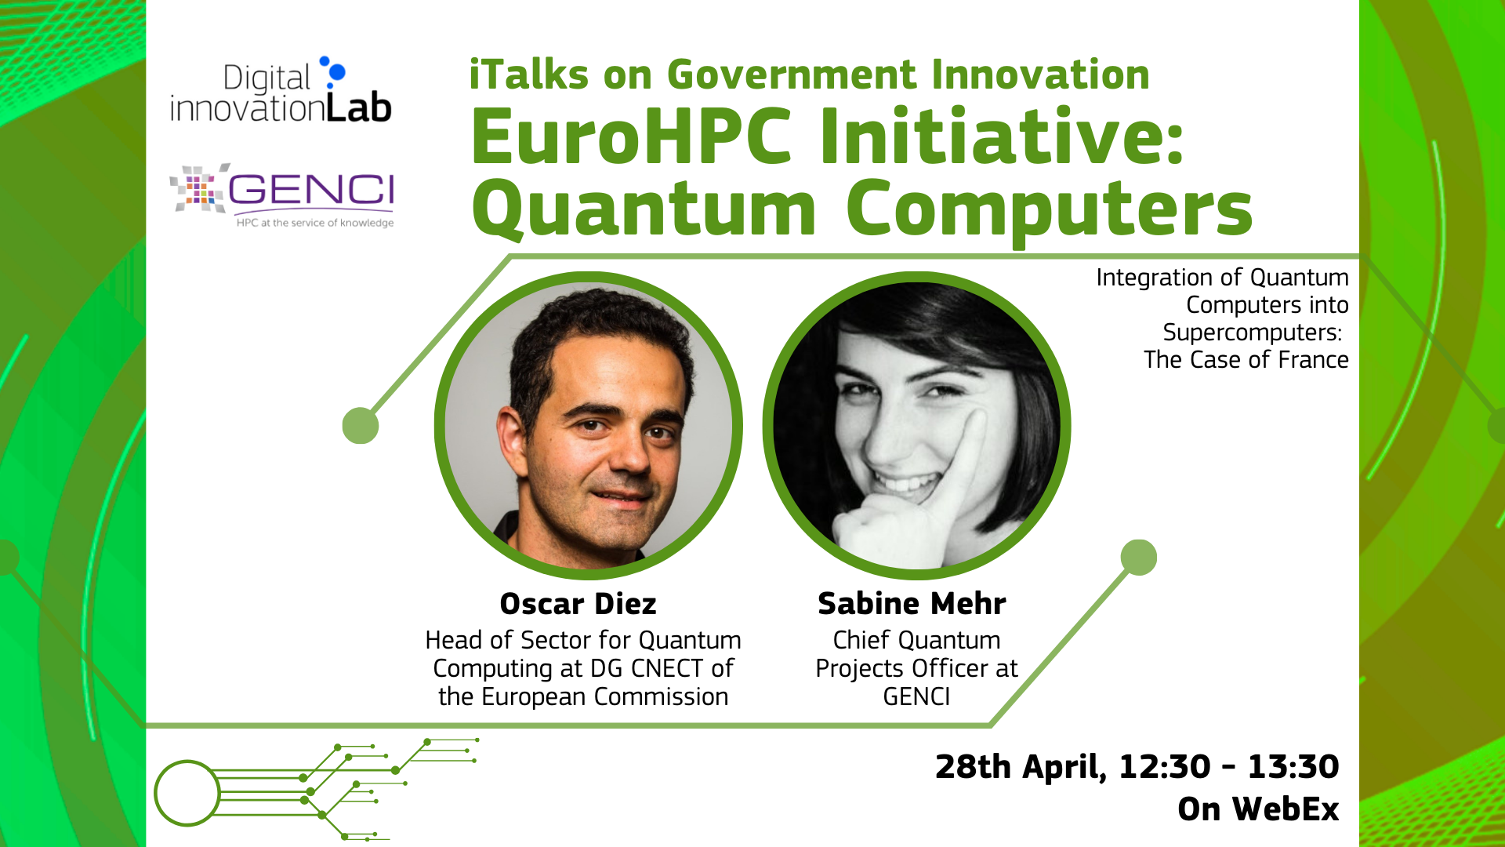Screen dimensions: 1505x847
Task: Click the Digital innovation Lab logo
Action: [281, 90]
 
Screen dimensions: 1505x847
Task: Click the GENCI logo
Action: [282, 195]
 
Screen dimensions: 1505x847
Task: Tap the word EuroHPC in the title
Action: [632, 136]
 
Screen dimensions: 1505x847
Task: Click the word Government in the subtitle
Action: [792, 75]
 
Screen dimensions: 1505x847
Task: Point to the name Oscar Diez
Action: [578, 604]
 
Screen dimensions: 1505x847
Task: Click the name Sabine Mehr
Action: [912, 604]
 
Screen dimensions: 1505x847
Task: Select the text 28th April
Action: [1021, 767]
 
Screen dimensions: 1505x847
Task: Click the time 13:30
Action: [1293, 767]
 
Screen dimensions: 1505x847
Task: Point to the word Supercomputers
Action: [1252, 333]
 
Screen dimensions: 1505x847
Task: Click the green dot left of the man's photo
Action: [361, 426]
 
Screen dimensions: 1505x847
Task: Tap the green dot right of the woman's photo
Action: [1139, 558]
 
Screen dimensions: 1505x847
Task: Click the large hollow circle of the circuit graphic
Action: [156, 793]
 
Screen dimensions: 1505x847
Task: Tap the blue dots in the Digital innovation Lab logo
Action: [335, 71]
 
